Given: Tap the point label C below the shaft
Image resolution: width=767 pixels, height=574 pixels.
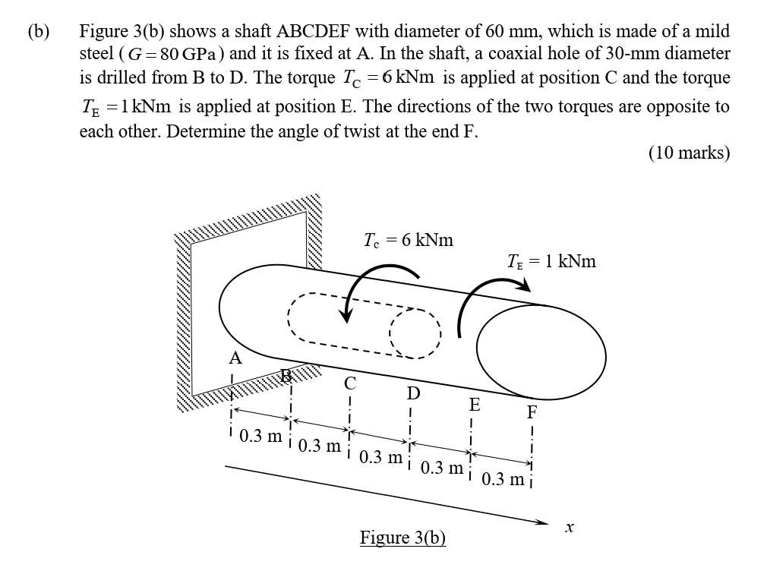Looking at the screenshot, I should coord(350,383).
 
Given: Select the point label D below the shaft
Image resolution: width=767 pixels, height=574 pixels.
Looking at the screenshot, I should coord(413,393).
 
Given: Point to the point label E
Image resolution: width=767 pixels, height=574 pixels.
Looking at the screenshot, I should coord(475,405).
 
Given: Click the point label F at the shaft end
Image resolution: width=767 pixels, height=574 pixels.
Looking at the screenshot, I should coord(532,414).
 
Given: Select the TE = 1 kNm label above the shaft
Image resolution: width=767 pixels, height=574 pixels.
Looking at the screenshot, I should coord(551,261).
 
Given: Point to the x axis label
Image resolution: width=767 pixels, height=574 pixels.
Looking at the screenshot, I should coord(568,525).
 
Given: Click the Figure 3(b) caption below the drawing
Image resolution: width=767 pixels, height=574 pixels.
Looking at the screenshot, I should coord(402,538).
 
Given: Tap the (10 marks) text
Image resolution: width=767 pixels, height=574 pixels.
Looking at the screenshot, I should coord(689,153).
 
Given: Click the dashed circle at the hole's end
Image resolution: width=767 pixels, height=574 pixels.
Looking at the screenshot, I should coord(415,333).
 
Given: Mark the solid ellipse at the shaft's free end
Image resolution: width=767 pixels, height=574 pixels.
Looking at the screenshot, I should coord(541,346).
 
